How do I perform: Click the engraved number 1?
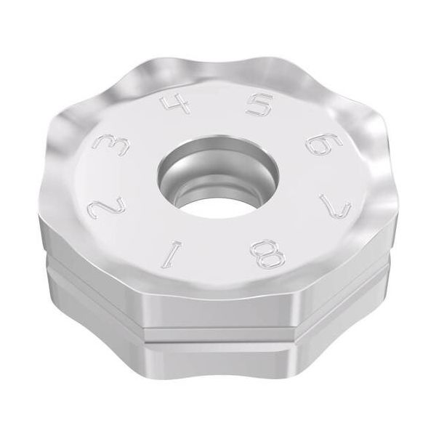[172, 255]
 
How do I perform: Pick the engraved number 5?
[259, 105]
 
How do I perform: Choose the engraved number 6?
[324, 145]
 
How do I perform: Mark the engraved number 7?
[336, 206]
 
